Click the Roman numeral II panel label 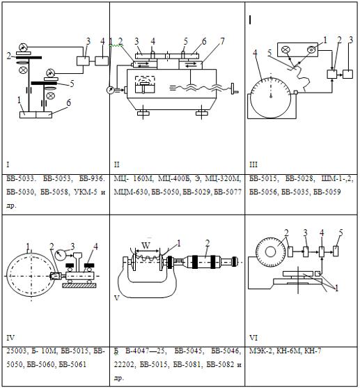116,164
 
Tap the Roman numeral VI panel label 253,338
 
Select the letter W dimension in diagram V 146,246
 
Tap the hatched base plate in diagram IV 79,286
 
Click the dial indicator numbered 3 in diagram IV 61,255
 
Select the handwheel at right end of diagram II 233,89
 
